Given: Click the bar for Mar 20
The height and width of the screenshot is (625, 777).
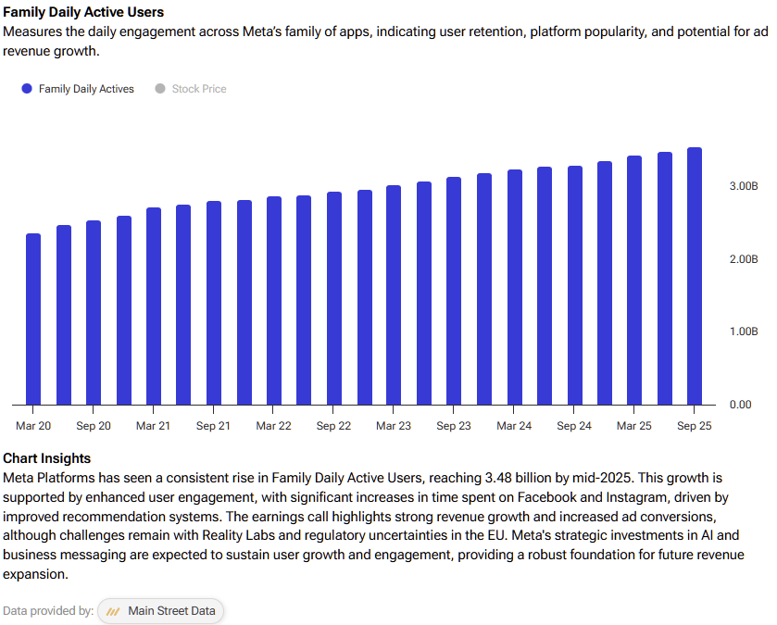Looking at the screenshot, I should point(33,319).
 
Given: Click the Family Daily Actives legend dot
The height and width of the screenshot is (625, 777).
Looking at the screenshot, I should point(27,89).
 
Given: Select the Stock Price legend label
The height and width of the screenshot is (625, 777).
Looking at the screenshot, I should point(199,89).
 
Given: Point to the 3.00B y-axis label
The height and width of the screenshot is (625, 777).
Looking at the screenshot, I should point(744,186).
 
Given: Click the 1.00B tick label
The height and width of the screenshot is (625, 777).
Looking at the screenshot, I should point(744,331).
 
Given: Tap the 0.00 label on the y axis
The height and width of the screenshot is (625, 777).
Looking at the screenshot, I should point(740,405).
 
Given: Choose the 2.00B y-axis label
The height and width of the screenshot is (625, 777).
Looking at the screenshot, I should point(744,259).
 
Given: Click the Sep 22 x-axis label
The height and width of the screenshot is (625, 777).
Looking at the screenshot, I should point(333,426).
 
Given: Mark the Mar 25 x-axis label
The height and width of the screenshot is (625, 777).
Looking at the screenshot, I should point(633,426).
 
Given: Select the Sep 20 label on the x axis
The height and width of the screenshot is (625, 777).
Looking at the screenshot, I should point(94,426).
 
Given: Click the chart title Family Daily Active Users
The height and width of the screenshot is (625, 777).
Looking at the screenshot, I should point(83,12).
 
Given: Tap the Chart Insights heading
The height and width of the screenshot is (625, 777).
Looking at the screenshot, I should point(47,458).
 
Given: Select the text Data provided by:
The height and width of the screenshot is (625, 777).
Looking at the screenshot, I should point(48,611).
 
